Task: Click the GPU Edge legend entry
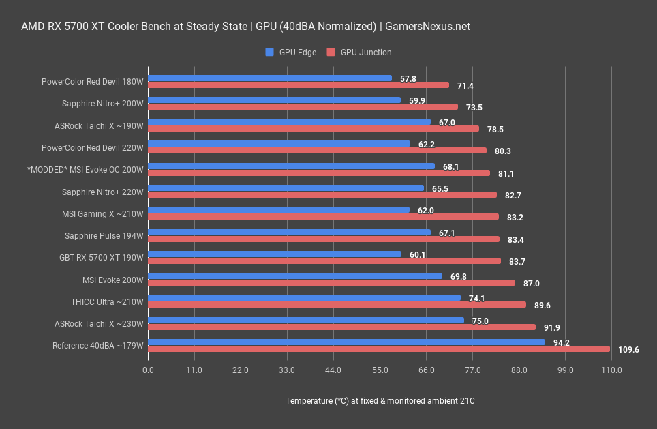tap(291, 52)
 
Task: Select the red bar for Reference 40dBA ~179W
tap(378, 349)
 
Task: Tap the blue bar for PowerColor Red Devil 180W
tap(270, 78)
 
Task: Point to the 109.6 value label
tap(628, 349)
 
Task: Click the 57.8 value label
tap(408, 78)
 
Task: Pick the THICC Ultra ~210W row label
tap(107, 301)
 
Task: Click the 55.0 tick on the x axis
tap(380, 370)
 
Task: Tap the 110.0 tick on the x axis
tap(611, 370)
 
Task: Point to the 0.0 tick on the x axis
tap(148, 370)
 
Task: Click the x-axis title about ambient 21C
tap(380, 401)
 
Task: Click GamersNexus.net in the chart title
tap(427, 27)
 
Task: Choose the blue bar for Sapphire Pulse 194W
tap(289, 233)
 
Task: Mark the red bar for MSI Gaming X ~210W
tap(323, 217)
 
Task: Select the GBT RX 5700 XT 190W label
tap(102, 258)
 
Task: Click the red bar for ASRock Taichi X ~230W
tap(341, 327)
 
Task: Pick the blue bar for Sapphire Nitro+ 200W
tap(274, 100)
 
